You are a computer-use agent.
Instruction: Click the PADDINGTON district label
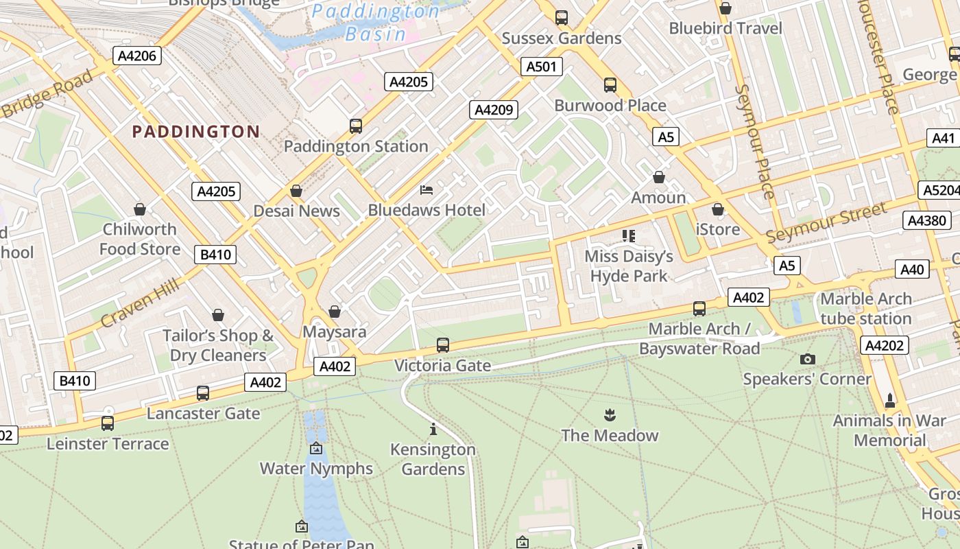[x=195, y=131]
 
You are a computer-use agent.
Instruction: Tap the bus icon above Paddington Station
[x=355, y=126]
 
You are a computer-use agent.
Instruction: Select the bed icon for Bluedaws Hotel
[x=427, y=189]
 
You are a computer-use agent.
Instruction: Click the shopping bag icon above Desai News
[x=296, y=190]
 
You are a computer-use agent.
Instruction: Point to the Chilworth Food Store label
[x=140, y=239]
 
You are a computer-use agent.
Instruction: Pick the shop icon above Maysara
[x=335, y=312]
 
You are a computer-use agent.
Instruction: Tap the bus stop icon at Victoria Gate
[x=443, y=345]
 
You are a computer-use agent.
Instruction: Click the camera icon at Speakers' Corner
[x=808, y=359]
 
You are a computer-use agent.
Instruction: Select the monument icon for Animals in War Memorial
[x=890, y=400]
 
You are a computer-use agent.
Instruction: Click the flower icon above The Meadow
[x=609, y=414]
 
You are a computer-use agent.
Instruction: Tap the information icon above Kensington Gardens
[x=433, y=430]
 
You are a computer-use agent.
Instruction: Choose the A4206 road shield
[x=137, y=56]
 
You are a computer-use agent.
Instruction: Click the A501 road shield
[x=542, y=67]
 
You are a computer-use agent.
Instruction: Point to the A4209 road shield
[x=494, y=110]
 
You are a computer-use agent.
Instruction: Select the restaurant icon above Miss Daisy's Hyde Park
[x=628, y=236]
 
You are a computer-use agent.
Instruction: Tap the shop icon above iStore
[x=718, y=209]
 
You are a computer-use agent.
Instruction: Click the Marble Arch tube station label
[x=865, y=308]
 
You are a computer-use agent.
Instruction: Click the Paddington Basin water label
[x=376, y=22]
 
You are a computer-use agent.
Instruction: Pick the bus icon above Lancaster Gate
[x=203, y=393]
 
